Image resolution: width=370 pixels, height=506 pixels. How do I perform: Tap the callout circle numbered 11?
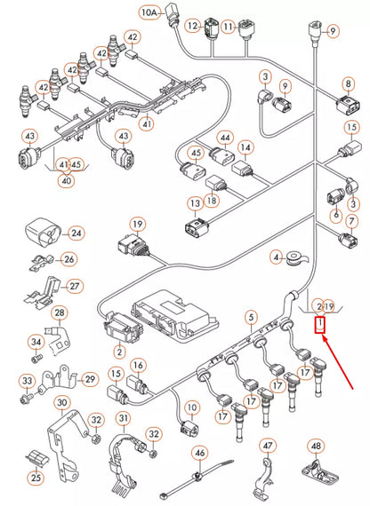click(x=229, y=27)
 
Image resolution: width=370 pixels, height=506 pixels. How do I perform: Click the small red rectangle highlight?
click(x=321, y=326)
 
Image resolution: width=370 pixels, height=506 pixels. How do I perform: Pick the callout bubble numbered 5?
click(x=252, y=316)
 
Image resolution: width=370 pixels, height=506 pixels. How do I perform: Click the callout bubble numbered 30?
click(x=61, y=403)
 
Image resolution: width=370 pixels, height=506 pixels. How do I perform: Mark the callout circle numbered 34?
click(x=36, y=342)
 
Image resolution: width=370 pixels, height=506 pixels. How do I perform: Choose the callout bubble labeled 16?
click(x=139, y=365)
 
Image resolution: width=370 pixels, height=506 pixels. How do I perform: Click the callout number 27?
click(x=75, y=286)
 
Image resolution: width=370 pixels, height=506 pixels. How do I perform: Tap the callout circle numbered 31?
click(x=123, y=418)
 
